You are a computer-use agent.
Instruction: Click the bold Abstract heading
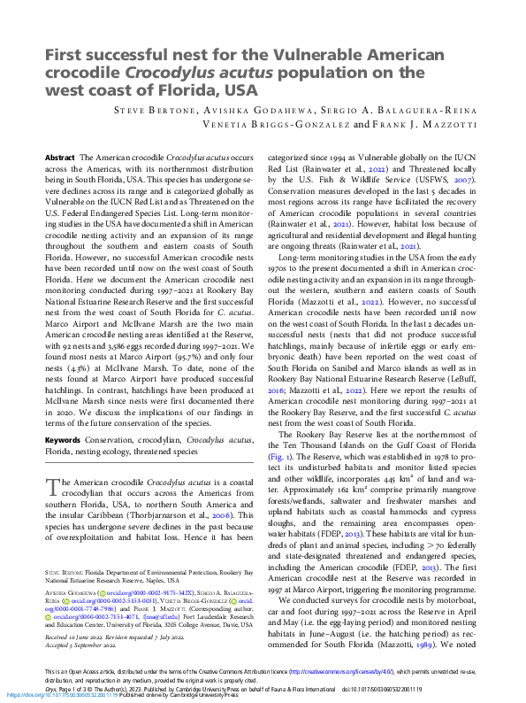click(x=60, y=157)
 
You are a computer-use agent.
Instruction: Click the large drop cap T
click(x=51, y=484)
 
